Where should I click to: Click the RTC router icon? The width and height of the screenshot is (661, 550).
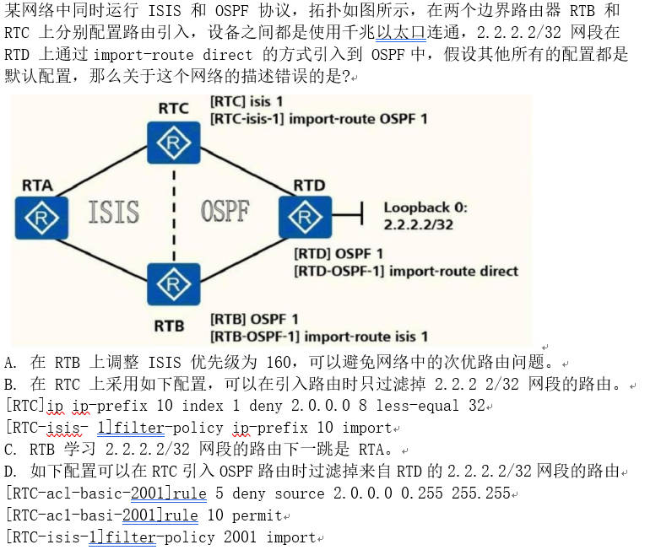pyautogui.click(x=174, y=144)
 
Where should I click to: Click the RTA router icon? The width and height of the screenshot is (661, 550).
pyautogui.click(x=39, y=218)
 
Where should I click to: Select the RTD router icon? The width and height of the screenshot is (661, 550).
pyautogui.click(x=306, y=217)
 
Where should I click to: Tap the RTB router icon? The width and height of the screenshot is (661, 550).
pyautogui.click(x=174, y=283)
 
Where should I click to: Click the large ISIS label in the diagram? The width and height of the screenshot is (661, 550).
pyautogui.click(x=114, y=211)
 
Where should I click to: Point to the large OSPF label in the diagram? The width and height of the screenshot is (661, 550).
pyautogui.click(x=225, y=211)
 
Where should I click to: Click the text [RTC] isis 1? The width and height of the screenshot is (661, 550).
pyautogui.click(x=247, y=101)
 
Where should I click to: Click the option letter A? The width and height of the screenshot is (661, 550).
pyautogui.click(x=10, y=363)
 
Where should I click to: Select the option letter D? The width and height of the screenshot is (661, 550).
pyautogui.click(x=11, y=471)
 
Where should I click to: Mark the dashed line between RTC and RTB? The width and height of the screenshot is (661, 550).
pyautogui.click(x=174, y=214)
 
